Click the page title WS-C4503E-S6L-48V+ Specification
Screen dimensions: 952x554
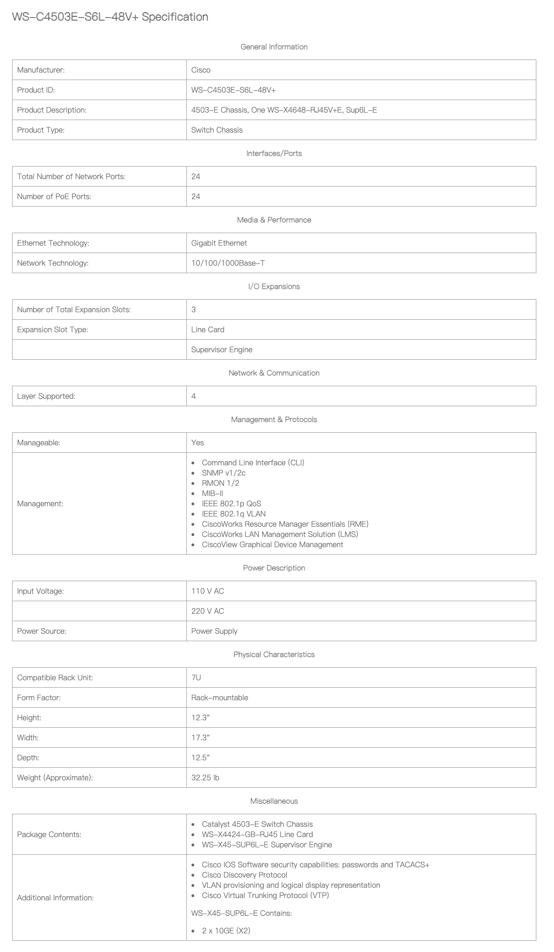110,17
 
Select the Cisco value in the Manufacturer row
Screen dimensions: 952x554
201,70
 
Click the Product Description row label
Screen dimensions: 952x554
52,110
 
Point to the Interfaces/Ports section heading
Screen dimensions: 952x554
274,154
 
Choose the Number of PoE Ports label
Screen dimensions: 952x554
54,197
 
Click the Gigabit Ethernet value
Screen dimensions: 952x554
219,243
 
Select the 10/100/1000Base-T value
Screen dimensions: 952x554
228,263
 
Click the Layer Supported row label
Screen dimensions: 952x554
46,396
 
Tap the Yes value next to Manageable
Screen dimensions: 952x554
198,443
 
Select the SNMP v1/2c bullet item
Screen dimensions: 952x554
224,473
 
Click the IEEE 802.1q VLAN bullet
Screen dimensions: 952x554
233,514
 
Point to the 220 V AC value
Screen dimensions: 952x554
207,611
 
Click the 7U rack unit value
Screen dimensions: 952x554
196,678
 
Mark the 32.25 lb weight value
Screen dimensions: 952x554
205,778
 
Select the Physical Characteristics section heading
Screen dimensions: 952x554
274,655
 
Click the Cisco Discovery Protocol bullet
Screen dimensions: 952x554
244,875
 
